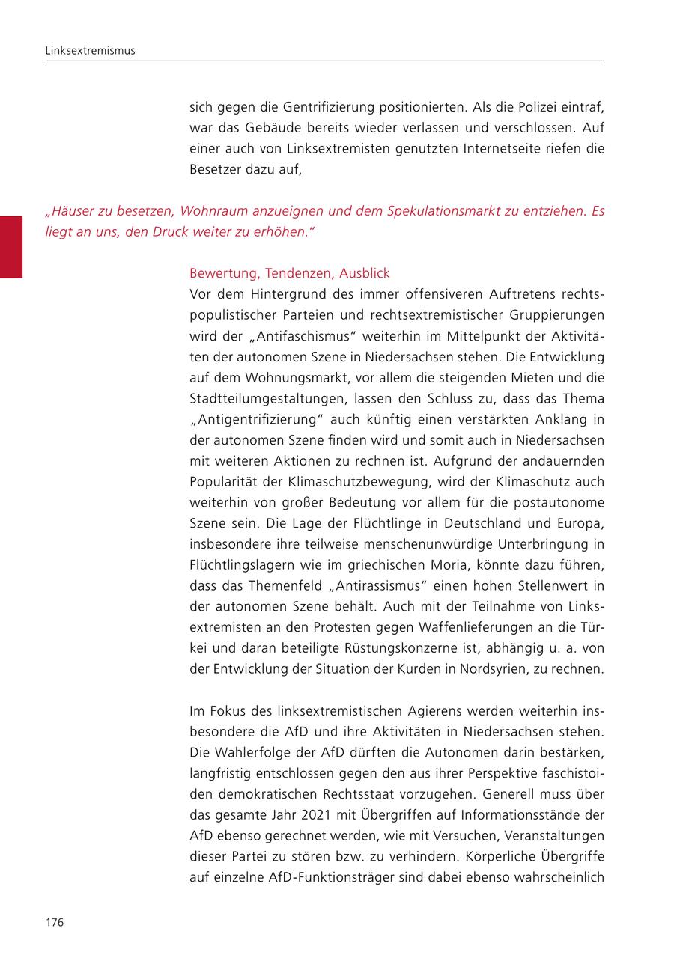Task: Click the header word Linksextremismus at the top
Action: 90,51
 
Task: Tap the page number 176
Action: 55,922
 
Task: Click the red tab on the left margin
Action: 11,246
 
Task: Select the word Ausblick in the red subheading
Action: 365,273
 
